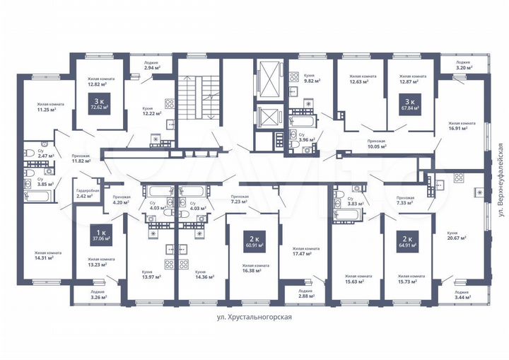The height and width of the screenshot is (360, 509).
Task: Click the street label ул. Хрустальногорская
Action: coord(255,318)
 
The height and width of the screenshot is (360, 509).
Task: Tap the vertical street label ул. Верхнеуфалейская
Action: coord(499,180)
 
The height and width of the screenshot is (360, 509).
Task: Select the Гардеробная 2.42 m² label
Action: coord(89,194)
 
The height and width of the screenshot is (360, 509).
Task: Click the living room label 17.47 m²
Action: coord(305,252)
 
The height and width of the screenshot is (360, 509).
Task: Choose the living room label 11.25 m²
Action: coord(47,107)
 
